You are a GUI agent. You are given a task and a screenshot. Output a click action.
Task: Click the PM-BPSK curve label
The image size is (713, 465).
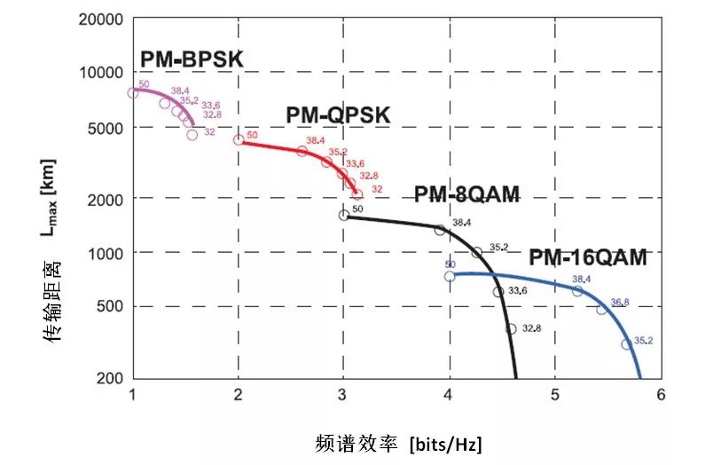[x=192, y=59]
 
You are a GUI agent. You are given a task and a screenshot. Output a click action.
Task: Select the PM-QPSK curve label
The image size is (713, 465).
[x=338, y=115]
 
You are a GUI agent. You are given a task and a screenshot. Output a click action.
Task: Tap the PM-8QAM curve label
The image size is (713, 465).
[x=466, y=195]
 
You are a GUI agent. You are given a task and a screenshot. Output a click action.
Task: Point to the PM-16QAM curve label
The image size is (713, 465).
[x=588, y=258]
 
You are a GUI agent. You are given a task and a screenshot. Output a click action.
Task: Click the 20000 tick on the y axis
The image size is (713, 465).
[x=104, y=18]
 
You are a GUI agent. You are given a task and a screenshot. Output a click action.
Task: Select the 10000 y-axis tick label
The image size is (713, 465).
[x=104, y=72]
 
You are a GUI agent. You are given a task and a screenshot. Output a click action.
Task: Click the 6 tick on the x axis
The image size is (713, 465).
[x=660, y=395]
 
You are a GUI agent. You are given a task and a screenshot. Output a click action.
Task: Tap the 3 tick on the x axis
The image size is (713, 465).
[x=343, y=395]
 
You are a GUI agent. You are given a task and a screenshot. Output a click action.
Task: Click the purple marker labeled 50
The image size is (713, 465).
[x=133, y=92]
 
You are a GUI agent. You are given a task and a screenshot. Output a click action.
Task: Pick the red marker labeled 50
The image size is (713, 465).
[x=239, y=139]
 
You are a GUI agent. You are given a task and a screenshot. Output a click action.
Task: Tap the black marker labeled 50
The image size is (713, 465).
[x=344, y=215]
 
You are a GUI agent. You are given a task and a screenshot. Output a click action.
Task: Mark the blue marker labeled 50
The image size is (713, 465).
[x=450, y=276]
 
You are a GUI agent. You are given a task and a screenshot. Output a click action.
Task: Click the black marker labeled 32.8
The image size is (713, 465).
[x=511, y=329]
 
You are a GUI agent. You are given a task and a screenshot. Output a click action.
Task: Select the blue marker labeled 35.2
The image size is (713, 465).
[x=627, y=344]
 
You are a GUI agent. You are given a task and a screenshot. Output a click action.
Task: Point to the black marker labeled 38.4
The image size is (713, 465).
[x=440, y=230]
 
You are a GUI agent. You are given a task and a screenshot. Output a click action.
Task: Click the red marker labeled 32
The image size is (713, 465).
[x=357, y=194]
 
